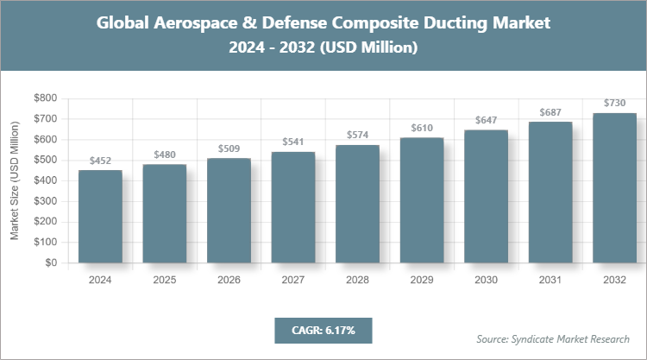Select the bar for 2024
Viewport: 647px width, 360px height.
(x=100, y=217)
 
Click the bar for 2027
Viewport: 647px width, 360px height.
(x=292, y=207)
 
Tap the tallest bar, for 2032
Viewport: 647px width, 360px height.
(x=614, y=188)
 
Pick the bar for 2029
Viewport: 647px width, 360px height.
(x=421, y=200)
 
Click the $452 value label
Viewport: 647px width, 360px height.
(x=100, y=161)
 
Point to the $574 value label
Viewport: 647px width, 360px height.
(x=357, y=136)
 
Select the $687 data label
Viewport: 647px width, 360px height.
(x=550, y=112)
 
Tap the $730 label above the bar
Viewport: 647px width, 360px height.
(x=614, y=103)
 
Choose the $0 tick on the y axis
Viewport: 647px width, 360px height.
(x=51, y=263)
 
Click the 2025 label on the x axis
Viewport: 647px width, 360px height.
(x=164, y=280)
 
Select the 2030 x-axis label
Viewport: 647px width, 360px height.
(x=486, y=280)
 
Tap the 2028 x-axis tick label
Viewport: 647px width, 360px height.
(x=357, y=280)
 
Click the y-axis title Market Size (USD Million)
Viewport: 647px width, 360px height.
(x=15, y=181)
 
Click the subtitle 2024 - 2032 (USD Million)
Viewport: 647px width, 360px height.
(x=323, y=48)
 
